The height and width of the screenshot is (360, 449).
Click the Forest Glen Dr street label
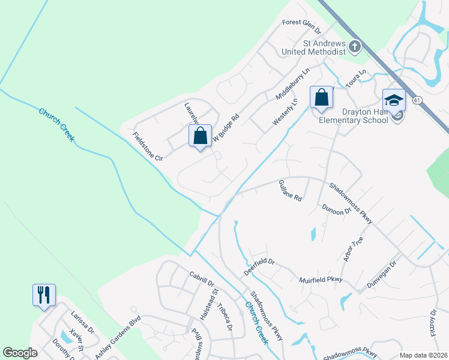coord(301,27)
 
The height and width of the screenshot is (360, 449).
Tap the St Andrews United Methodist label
coord(316,47)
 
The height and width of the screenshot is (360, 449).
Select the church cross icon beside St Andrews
coord(355,46)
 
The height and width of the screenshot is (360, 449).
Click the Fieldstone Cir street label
coord(148,146)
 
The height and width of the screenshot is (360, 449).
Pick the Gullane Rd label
coord(291,190)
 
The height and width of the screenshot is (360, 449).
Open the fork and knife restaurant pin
coord(44,295)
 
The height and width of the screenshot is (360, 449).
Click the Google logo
coord(20,353)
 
